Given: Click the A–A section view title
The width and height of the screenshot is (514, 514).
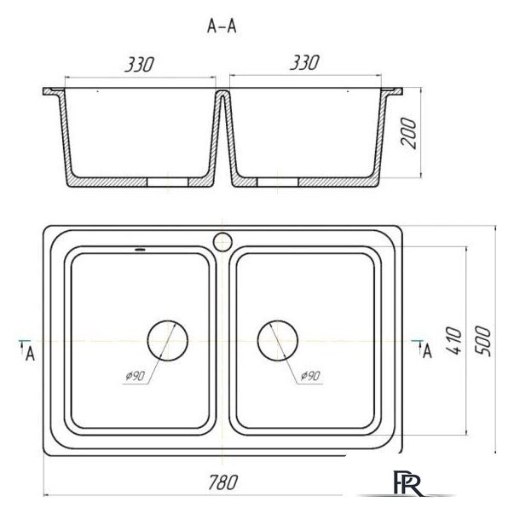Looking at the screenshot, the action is [x=222, y=26].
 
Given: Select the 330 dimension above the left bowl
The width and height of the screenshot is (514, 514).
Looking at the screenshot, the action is [x=139, y=64].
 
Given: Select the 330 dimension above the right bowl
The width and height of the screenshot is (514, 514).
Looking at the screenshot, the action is [x=304, y=62].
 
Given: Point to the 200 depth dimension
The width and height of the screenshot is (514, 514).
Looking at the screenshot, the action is [x=408, y=133].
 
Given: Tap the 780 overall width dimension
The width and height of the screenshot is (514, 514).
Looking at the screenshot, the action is [x=223, y=482].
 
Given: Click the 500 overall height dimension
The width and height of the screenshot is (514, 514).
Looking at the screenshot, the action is [x=483, y=341].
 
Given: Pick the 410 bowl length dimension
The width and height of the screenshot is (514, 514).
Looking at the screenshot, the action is [x=454, y=340].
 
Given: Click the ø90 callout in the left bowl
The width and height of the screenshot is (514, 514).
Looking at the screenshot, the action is [x=135, y=376].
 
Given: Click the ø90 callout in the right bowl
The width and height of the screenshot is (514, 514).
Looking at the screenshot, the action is [x=310, y=376].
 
